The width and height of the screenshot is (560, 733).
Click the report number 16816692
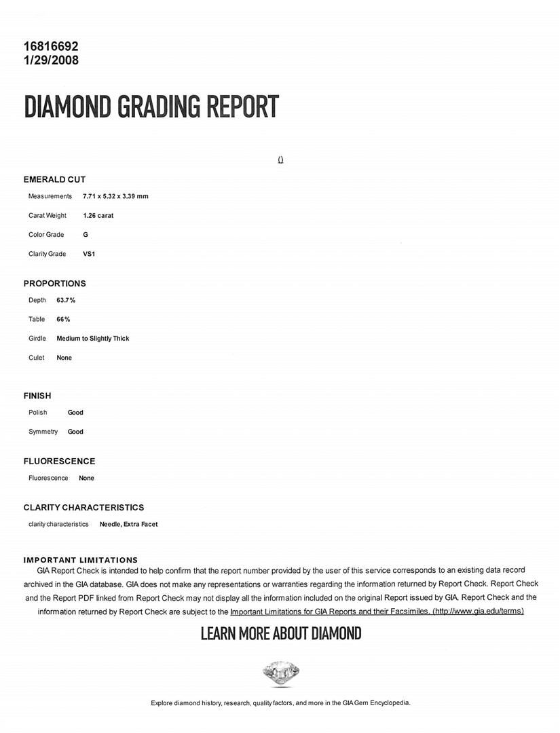click(x=51, y=47)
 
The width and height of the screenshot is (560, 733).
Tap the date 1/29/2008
click(x=51, y=60)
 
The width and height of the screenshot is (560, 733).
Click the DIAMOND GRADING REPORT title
click(x=151, y=107)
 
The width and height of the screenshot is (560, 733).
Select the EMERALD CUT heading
click(x=54, y=180)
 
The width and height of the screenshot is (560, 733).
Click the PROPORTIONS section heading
click(x=54, y=284)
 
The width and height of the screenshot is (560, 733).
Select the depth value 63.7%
click(x=66, y=300)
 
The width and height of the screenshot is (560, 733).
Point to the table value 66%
click(x=63, y=319)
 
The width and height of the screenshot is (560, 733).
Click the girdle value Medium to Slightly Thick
click(x=92, y=339)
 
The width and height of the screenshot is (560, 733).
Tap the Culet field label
click(x=37, y=358)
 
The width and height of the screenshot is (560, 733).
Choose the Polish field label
click(x=38, y=413)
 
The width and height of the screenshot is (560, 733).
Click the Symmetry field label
click(x=43, y=432)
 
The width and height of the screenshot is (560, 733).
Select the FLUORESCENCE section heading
click(x=59, y=462)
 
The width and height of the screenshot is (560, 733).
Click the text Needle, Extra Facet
click(x=128, y=524)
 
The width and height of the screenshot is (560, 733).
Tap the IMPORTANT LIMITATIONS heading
click(x=80, y=560)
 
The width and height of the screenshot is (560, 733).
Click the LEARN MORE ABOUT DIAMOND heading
click(x=280, y=634)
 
